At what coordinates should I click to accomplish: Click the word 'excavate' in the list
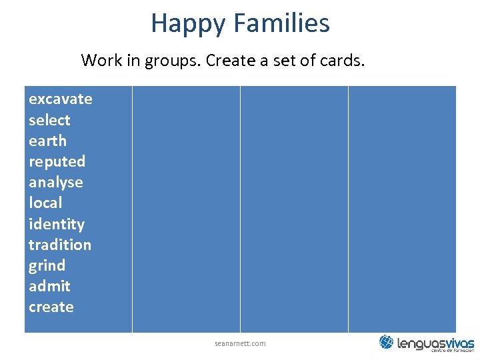coord(60,99)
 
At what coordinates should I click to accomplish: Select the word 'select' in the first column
coord(49,121)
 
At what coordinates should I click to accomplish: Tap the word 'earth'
coord(47,141)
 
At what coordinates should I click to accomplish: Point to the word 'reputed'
coord(57,162)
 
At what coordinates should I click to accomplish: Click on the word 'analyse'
coord(55,183)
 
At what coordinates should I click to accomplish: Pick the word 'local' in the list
coord(45,203)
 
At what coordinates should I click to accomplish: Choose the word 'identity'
coord(56,225)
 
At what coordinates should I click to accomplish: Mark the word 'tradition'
coord(59,245)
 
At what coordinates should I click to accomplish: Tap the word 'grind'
coord(47,266)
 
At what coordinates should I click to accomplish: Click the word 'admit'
coord(49,287)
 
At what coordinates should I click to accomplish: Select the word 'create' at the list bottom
coord(51,307)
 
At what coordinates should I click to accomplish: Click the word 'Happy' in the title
coord(188,23)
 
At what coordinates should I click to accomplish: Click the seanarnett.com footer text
coord(240,343)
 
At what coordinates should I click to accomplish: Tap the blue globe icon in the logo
coord(387,342)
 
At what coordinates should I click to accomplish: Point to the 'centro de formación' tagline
coord(452,351)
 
